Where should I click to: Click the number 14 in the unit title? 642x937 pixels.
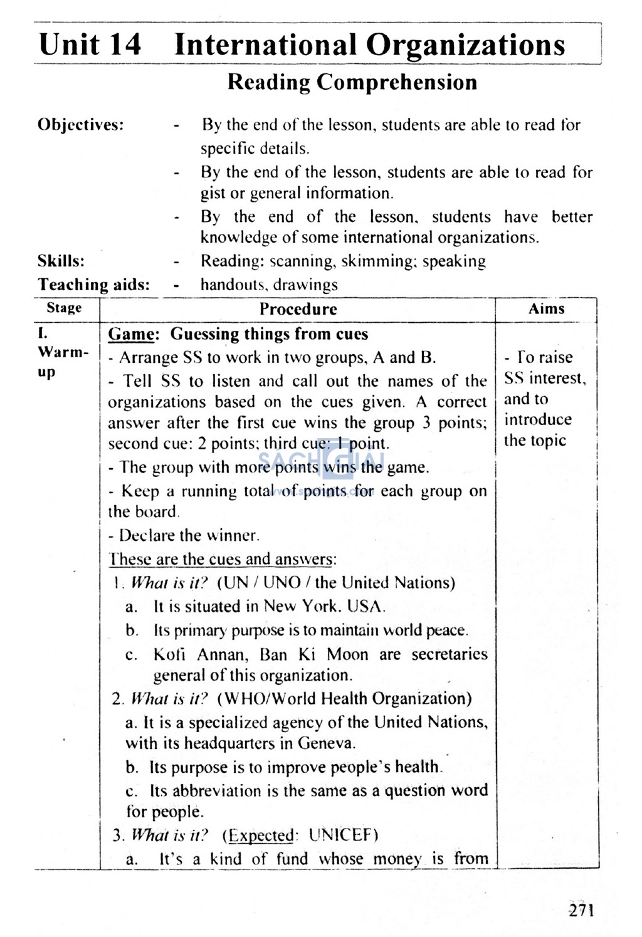[x=125, y=44]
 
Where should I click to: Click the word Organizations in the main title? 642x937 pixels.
[x=465, y=44]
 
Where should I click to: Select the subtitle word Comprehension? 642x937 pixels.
[x=397, y=82]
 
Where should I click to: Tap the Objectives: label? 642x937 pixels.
[x=81, y=124]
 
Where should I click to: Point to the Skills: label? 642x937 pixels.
[x=61, y=261]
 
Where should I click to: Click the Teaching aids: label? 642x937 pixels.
[x=94, y=285]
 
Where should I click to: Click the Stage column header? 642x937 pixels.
[x=64, y=308]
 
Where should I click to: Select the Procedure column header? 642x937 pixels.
[x=298, y=308]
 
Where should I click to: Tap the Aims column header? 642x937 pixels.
[x=546, y=308]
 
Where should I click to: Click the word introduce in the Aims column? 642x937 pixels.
[x=538, y=419]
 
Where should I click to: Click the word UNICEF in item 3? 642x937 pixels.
[x=343, y=835]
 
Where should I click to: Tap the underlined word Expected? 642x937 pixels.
[x=261, y=835]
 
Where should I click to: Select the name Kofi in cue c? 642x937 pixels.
[x=169, y=654]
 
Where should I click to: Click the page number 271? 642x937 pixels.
[x=581, y=910]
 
